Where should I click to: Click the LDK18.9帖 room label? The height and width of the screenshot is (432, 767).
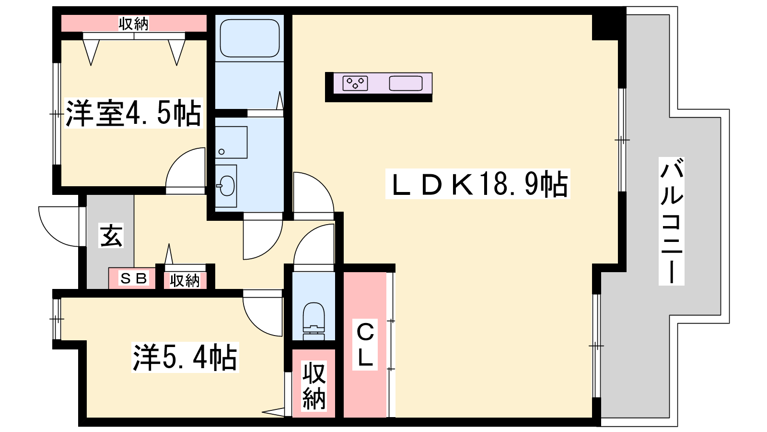477,184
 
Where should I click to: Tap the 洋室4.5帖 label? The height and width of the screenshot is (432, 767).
134,113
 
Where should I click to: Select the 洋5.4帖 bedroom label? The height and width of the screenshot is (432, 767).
185,357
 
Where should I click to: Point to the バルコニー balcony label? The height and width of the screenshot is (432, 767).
672,221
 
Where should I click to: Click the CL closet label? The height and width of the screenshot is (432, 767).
365,344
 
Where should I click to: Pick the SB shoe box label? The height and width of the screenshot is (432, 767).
133,278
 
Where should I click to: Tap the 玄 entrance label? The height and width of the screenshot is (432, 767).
111,235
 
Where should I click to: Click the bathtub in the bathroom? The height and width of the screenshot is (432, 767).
250,38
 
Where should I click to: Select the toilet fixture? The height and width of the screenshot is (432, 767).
314,321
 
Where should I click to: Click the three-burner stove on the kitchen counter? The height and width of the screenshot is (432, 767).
355,84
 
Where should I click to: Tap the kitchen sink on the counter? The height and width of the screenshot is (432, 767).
406,84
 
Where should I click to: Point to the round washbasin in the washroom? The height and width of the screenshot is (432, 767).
227,186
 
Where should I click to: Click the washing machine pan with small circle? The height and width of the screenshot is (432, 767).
231,142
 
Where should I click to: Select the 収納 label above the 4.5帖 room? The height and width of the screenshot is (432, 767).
134,24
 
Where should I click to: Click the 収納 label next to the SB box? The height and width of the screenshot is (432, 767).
185,281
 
